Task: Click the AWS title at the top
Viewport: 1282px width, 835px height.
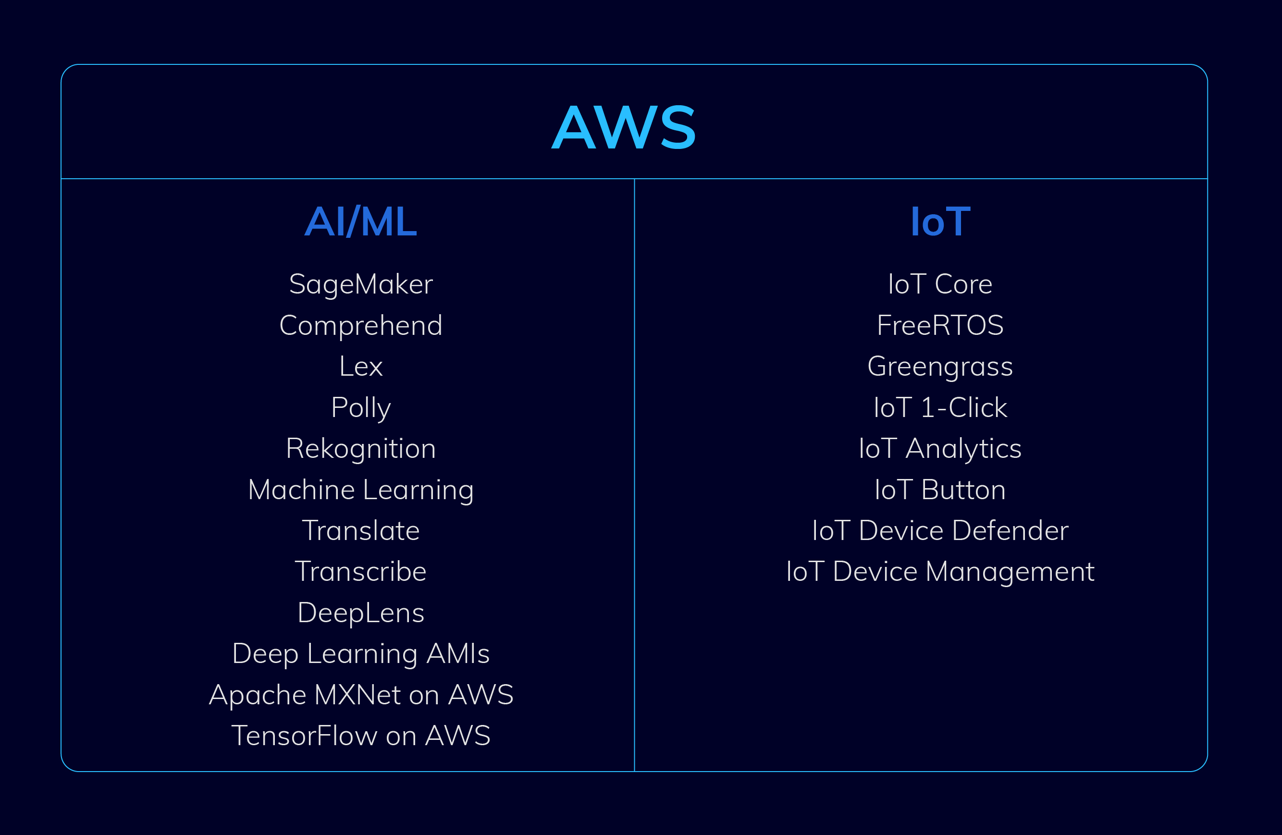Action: tap(624, 128)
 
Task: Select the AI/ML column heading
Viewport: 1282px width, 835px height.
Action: tap(361, 221)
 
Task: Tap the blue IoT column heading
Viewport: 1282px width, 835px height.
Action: tap(940, 221)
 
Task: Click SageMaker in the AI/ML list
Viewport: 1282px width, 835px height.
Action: tap(361, 284)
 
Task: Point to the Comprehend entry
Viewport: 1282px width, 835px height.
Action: tap(361, 326)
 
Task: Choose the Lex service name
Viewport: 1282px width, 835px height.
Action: tap(361, 366)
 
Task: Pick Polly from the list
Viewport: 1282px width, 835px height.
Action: tap(361, 408)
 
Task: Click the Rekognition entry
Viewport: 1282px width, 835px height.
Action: tap(361, 449)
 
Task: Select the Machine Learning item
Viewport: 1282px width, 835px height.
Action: tap(361, 490)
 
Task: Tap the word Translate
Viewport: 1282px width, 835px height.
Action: tap(361, 530)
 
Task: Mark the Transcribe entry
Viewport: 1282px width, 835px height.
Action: tap(361, 572)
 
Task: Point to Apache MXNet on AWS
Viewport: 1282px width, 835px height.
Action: tap(361, 695)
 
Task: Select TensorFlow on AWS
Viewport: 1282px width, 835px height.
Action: tap(361, 736)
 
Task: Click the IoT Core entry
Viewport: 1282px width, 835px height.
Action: tap(940, 284)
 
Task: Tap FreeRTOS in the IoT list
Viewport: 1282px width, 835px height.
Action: tap(940, 325)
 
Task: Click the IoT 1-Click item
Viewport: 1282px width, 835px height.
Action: tap(940, 408)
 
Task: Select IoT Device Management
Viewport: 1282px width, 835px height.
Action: tap(940, 572)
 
